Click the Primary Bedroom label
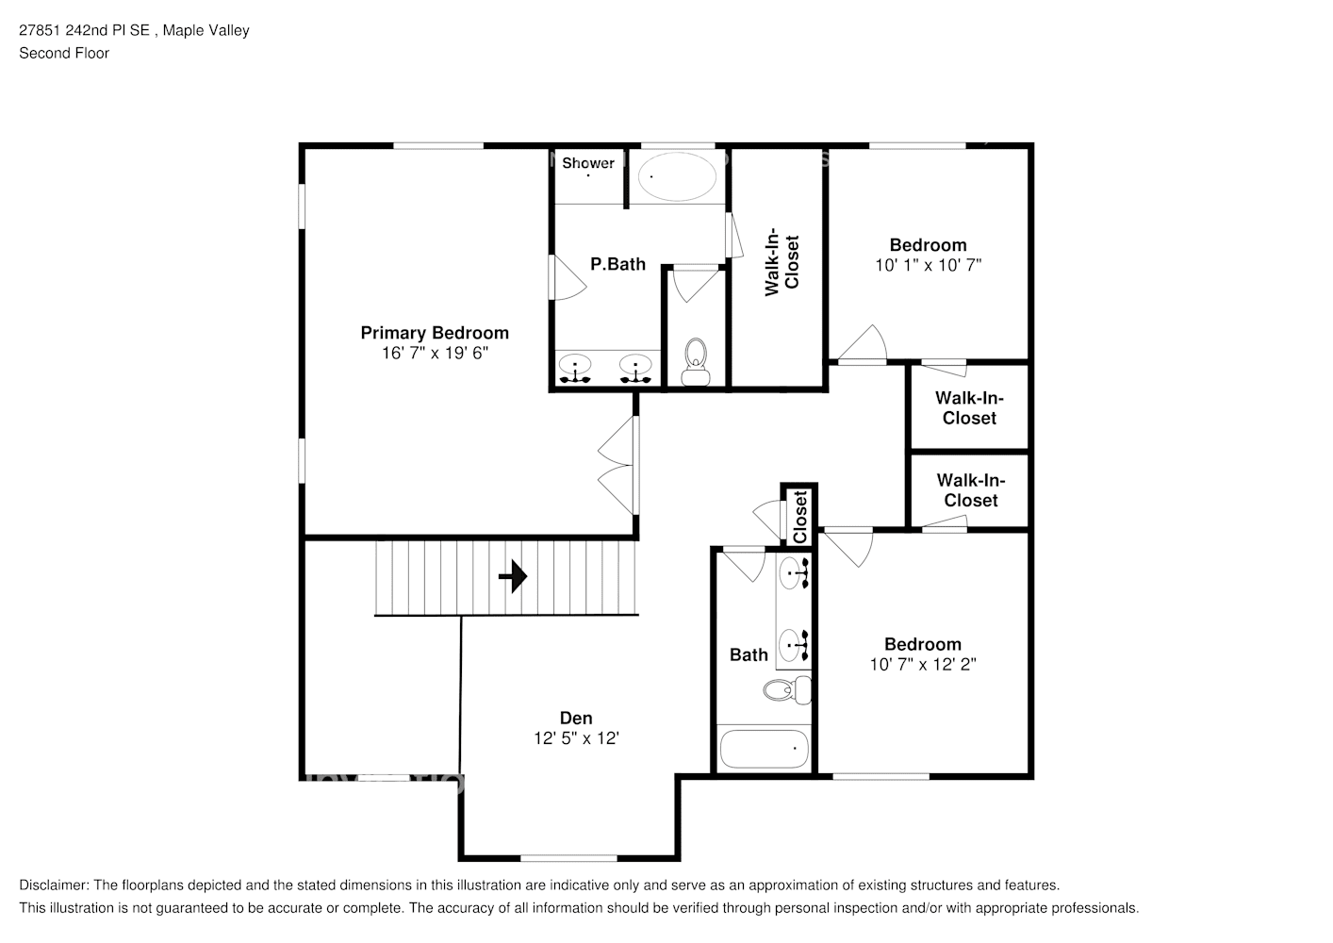point(435,333)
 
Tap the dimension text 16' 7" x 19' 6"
point(435,353)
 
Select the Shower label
point(588,163)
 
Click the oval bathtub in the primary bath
point(677,177)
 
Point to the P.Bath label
point(617,264)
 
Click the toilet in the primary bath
point(695,362)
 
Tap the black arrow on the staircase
point(513,576)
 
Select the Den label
point(576,718)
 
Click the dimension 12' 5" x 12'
point(576,738)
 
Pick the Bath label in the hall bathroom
point(749,654)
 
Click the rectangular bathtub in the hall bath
point(765,750)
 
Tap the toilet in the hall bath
point(787,690)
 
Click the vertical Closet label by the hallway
point(799,517)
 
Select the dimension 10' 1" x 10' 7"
point(928,265)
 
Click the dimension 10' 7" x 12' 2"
point(923,664)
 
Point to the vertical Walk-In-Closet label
point(782,262)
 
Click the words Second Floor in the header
point(64,53)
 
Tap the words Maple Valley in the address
point(206,30)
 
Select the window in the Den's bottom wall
point(568,858)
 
